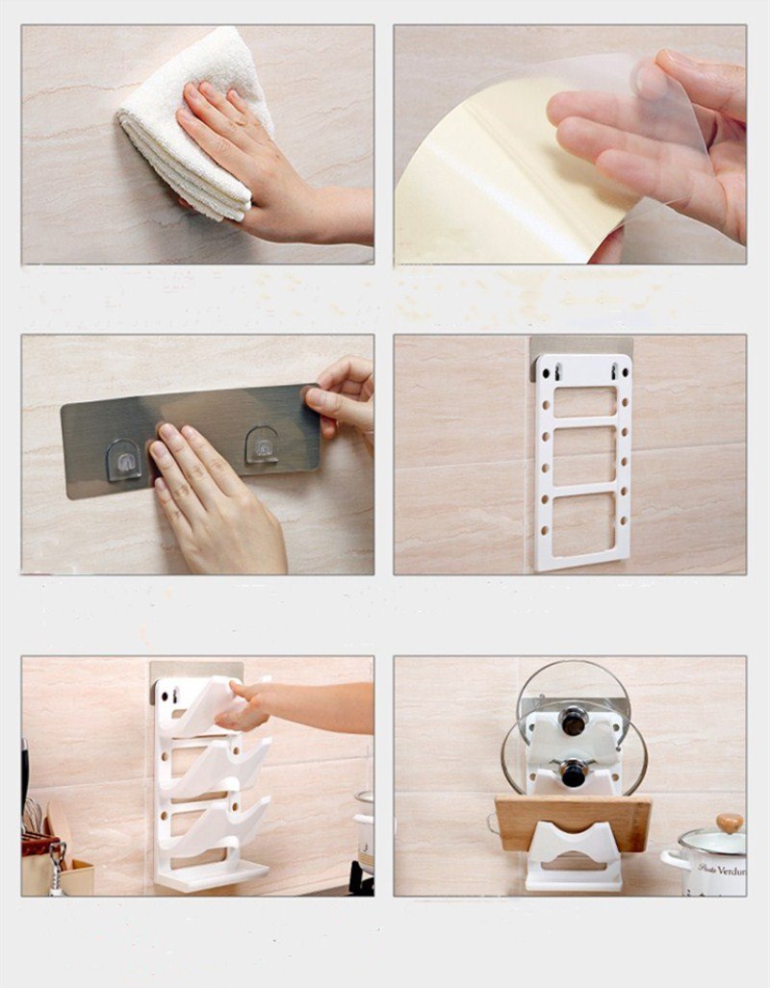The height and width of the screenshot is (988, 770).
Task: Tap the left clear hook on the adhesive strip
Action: (123, 459)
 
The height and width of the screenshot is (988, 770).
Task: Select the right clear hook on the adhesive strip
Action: (262, 445)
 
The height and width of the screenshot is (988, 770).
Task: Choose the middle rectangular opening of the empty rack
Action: (582, 458)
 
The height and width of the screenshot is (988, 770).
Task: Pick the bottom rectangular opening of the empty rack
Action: (582, 525)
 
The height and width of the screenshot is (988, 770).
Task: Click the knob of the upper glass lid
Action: (574, 720)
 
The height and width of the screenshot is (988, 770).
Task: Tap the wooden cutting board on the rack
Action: (573, 818)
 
